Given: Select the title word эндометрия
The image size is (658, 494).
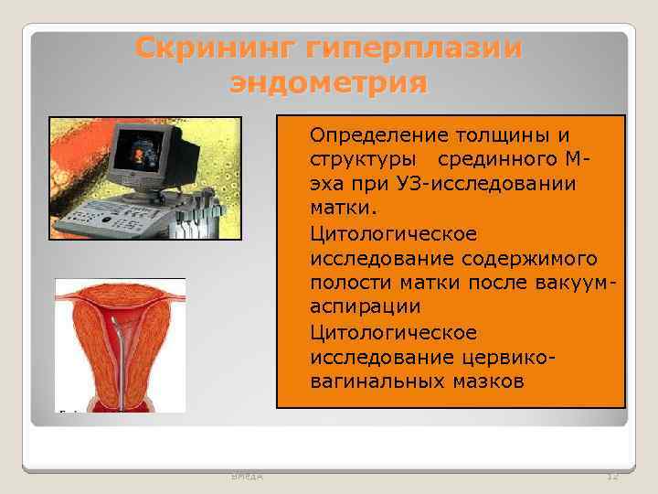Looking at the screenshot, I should tap(329, 83).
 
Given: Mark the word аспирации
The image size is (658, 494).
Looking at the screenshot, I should tap(358, 308).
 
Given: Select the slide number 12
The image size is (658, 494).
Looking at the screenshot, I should tap(612, 476).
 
